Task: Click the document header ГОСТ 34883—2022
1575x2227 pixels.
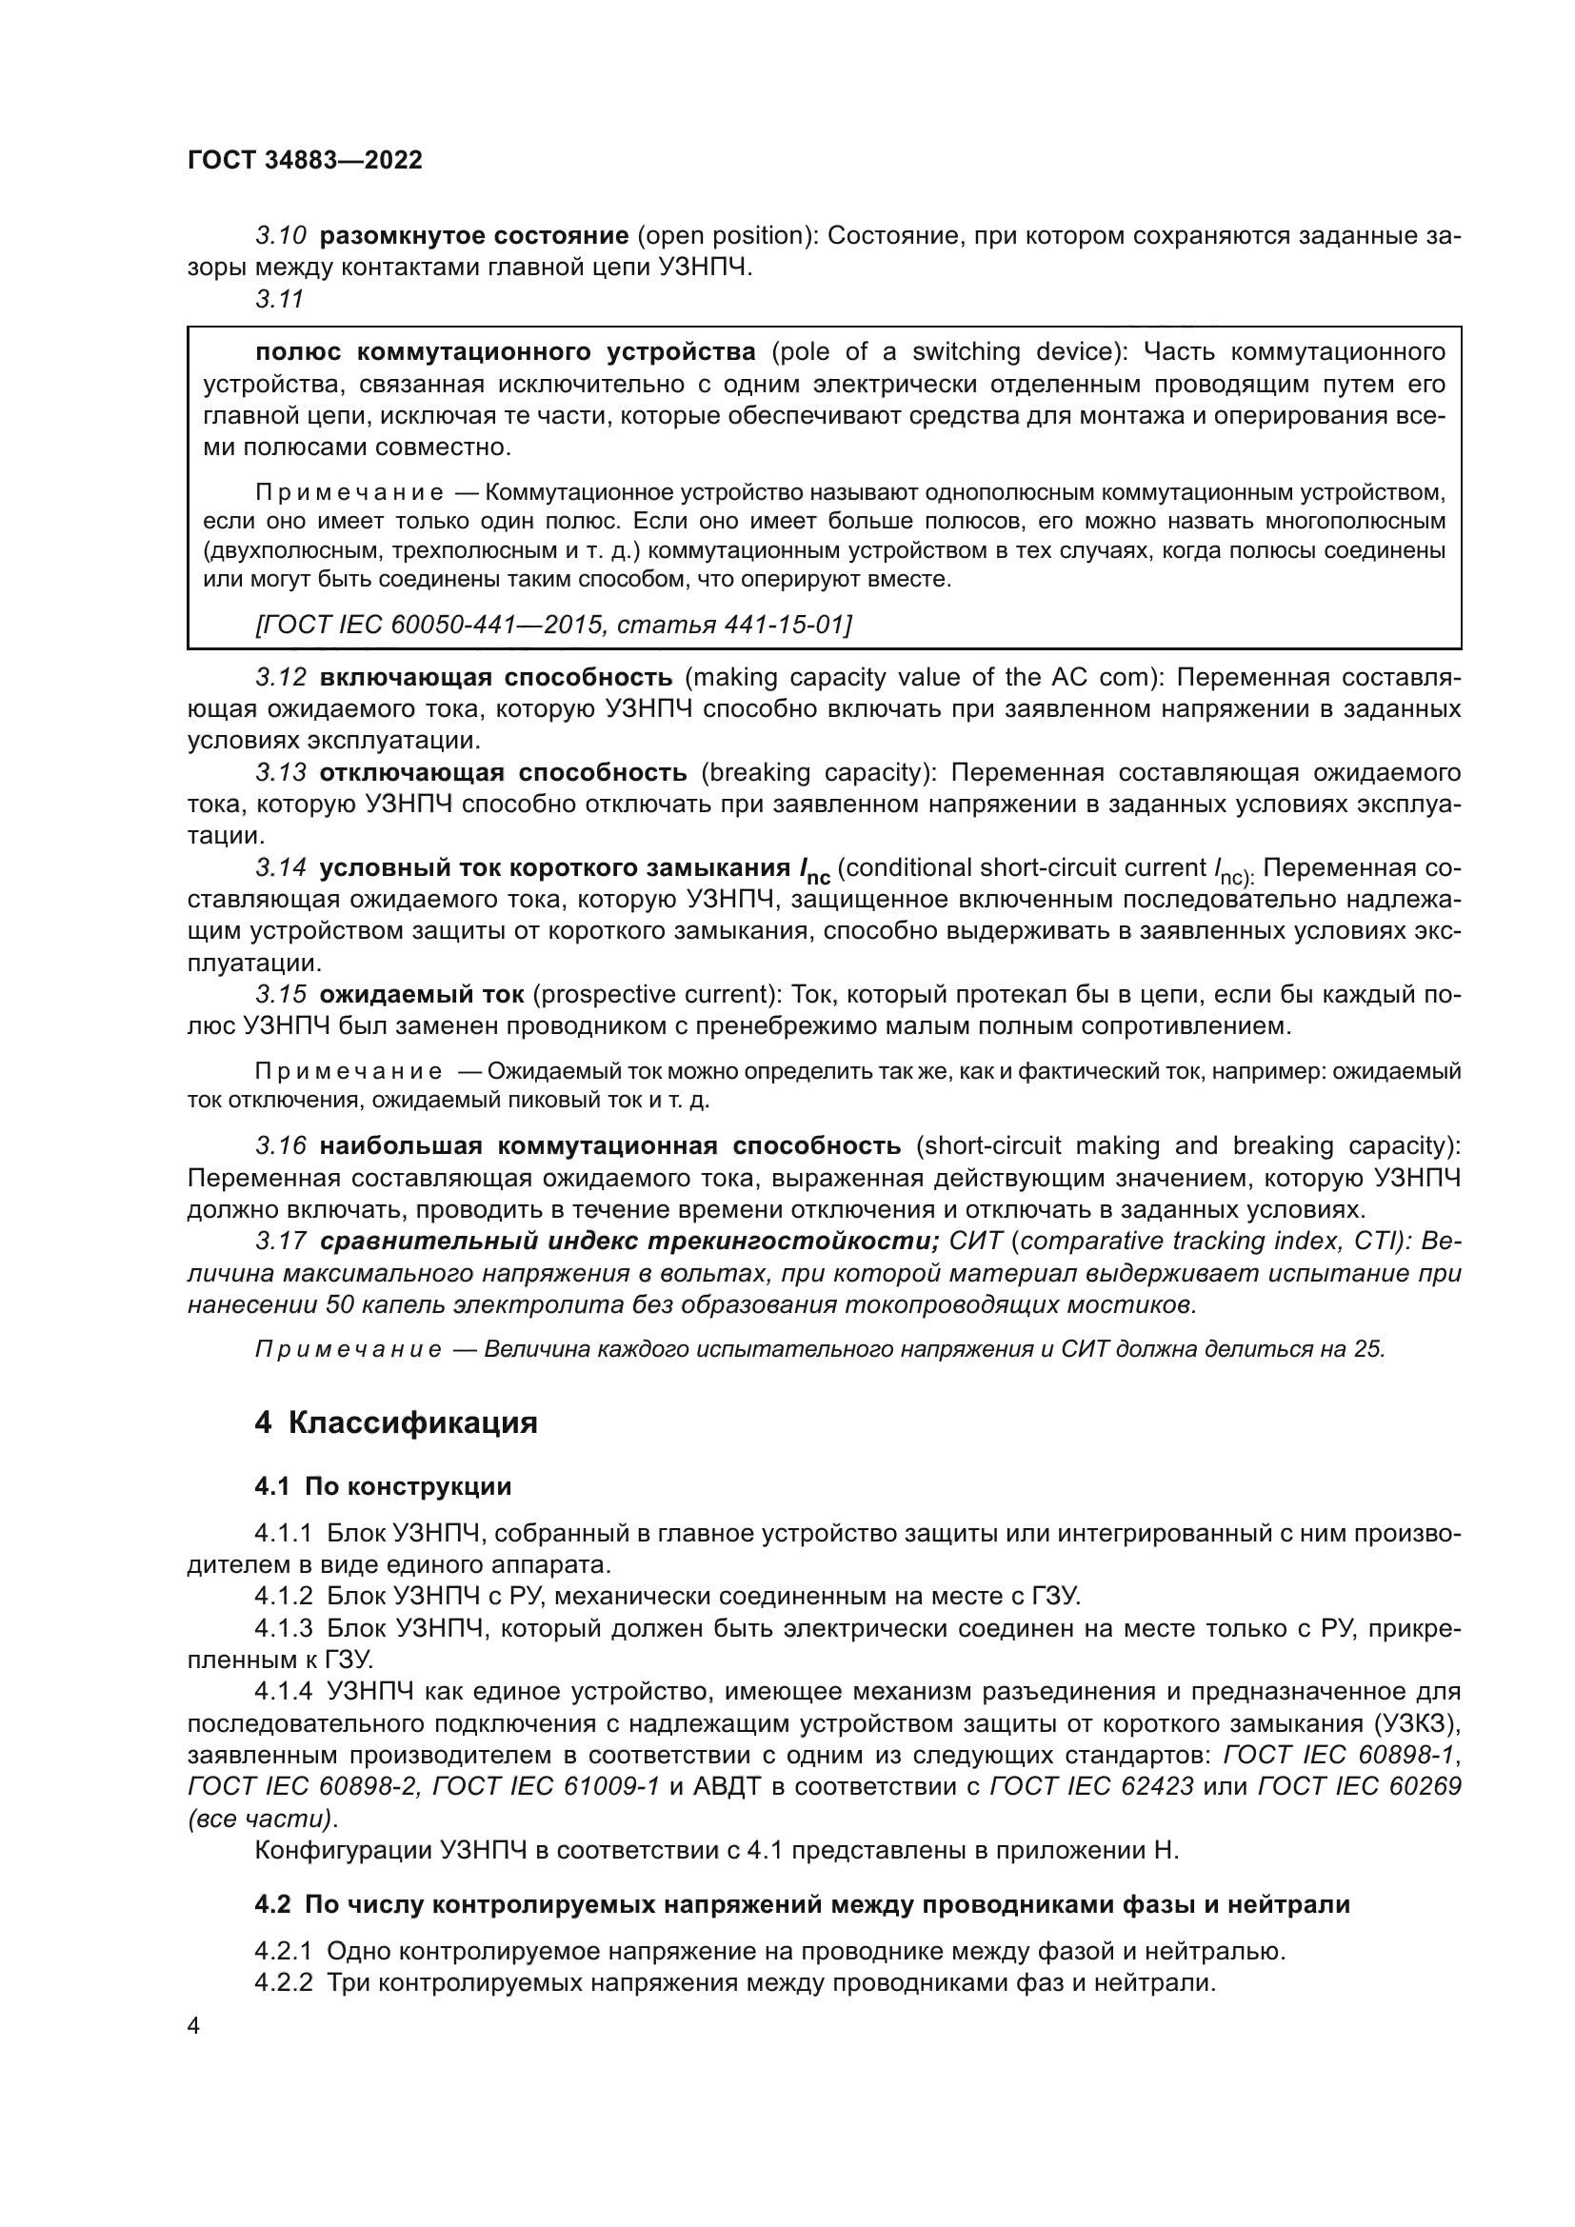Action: (305, 160)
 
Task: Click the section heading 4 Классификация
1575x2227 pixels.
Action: (396, 1422)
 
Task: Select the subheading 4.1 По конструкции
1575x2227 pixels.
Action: (383, 1486)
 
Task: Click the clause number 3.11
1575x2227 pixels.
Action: (280, 300)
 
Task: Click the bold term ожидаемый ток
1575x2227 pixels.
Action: (422, 994)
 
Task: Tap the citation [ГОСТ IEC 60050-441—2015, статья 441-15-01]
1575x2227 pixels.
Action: (554, 625)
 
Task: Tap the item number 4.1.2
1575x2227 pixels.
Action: (283, 1596)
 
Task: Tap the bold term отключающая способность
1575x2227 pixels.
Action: (504, 772)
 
